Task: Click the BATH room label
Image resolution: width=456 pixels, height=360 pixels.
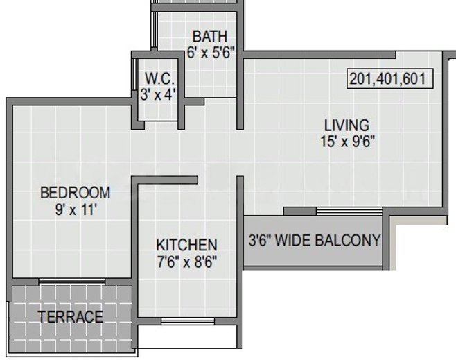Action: click(x=210, y=37)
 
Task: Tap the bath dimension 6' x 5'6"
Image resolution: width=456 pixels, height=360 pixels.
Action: click(x=211, y=53)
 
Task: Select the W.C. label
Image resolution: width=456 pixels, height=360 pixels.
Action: click(x=159, y=79)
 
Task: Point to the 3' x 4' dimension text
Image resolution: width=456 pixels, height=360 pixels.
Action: click(x=158, y=94)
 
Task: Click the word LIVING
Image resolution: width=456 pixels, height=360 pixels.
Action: click(x=347, y=125)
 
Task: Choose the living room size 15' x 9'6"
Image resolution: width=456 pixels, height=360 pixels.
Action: click(x=347, y=142)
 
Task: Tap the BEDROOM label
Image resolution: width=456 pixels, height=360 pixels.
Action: click(x=76, y=193)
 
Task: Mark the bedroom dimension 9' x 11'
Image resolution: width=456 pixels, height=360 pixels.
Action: click(x=76, y=209)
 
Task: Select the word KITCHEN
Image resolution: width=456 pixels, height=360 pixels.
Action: click(x=186, y=245)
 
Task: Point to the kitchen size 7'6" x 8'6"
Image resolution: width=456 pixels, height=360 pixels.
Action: click(x=187, y=262)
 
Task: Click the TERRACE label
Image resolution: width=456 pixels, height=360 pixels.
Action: click(x=71, y=316)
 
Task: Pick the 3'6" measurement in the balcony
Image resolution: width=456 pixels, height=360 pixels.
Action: click(x=261, y=241)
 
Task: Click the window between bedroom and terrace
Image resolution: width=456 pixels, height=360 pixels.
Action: click(x=72, y=281)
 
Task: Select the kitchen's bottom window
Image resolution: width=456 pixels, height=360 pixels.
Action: click(x=188, y=321)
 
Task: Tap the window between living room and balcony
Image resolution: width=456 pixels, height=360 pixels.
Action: click(x=349, y=211)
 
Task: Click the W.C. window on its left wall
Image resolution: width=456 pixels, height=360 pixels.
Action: click(x=134, y=74)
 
